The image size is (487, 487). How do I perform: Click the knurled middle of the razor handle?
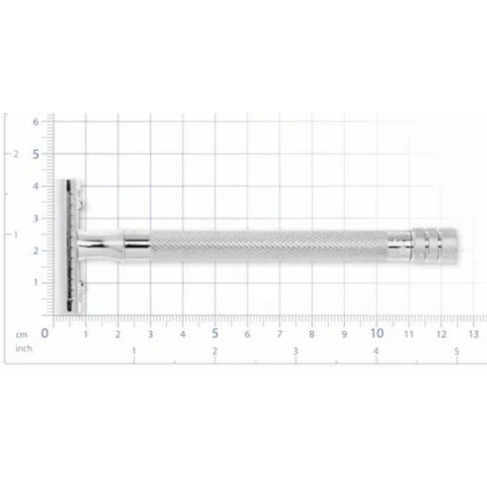tap(268, 244)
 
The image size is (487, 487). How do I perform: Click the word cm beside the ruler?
tap(20, 335)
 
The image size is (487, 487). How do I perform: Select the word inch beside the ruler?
tap(23, 349)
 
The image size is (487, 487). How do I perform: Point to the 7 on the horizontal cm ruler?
tap(280, 334)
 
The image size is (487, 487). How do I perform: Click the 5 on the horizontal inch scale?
tap(456, 352)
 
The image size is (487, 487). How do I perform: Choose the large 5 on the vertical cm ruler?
tap(37, 154)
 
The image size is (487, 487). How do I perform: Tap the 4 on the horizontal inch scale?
tap(376, 352)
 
